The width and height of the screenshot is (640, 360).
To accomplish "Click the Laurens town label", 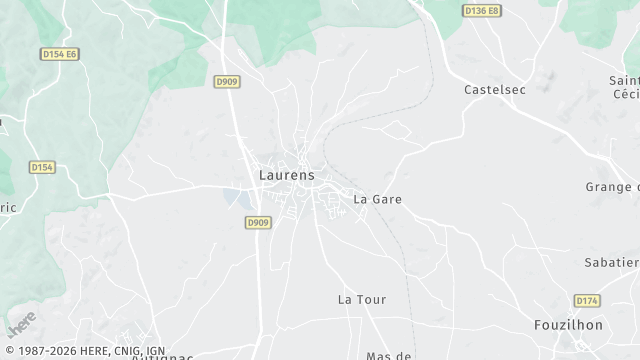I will point(286,175).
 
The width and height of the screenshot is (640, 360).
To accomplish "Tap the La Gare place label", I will point(378,199).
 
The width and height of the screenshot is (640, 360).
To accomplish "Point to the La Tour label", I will point(362,299).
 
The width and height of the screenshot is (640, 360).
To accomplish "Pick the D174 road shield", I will point(587,300).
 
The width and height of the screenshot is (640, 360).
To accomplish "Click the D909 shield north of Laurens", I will point(227,82).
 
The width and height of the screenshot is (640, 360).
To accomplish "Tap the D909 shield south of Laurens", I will point(257,223).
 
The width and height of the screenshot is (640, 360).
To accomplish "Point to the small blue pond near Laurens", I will point(239,197).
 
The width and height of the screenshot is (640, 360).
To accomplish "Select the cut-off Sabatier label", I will point(612,262).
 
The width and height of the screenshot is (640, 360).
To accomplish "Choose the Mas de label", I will point(390,355).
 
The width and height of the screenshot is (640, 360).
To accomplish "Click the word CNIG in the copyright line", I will point(125,351).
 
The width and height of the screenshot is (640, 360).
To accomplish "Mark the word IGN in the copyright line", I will point(155,351).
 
